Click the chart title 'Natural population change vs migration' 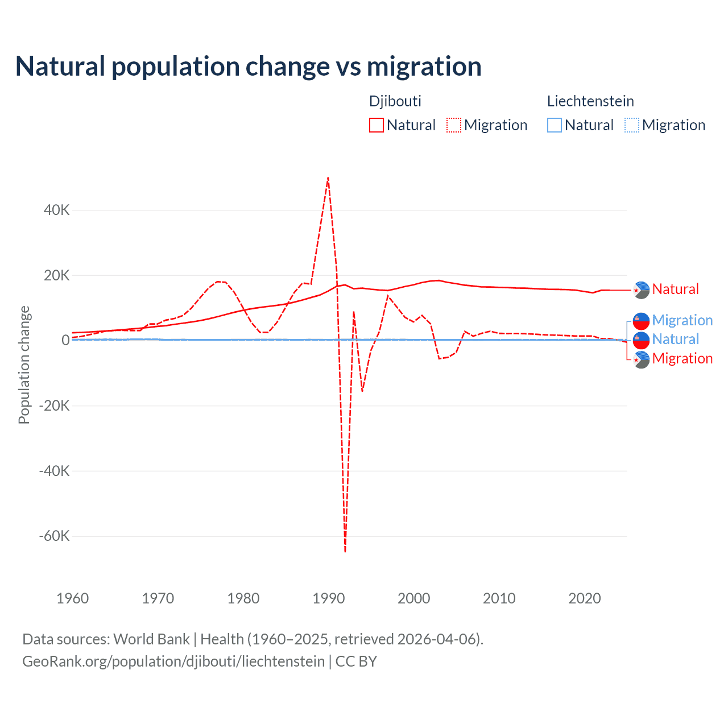pyautogui.click(x=248, y=67)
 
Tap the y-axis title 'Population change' pyautogui.click(x=24, y=365)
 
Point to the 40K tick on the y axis pyautogui.click(x=57, y=210)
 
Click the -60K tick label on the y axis pyautogui.click(x=54, y=536)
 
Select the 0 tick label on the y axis pyautogui.click(x=65, y=340)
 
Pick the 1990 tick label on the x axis pyautogui.click(x=329, y=598)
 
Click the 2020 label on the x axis pyautogui.click(x=585, y=598)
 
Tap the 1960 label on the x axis pyautogui.click(x=73, y=598)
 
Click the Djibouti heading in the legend pyautogui.click(x=395, y=101)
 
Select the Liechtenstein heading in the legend pyautogui.click(x=590, y=101)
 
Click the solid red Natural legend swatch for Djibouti pyautogui.click(x=377, y=125)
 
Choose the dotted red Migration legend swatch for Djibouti pyautogui.click(x=454, y=125)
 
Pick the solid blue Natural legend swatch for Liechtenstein pyautogui.click(x=555, y=125)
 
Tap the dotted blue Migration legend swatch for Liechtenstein pyautogui.click(x=632, y=125)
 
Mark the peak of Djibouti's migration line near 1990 pyautogui.click(x=328, y=177)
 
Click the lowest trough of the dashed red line pyautogui.click(x=345, y=551)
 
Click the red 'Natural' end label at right pyautogui.click(x=675, y=289)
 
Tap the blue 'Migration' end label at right pyautogui.click(x=682, y=320)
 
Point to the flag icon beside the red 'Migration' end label pyautogui.click(x=642, y=359)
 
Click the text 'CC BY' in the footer pyautogui.click(x=356, y=661)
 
